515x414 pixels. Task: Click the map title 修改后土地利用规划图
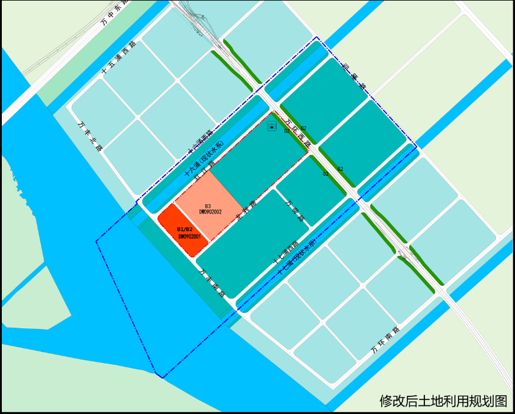443,401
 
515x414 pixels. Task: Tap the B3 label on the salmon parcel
208,206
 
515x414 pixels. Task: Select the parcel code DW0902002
210,212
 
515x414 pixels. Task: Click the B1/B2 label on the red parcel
185,229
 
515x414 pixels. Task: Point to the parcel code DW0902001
189,236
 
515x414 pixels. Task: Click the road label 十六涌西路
200,142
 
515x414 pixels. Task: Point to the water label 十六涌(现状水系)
205,158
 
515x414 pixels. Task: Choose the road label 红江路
205,171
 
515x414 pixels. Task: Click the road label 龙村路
246,209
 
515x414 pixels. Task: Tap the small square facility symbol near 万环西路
272,127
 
